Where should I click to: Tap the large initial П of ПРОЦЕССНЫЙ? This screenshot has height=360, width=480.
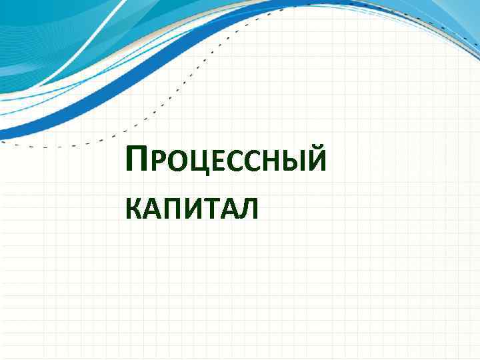(x=136, y=161)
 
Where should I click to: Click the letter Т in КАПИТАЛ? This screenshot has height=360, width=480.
(x=207, y=211)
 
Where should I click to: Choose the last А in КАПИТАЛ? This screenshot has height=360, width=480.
(x=225, y=211)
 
